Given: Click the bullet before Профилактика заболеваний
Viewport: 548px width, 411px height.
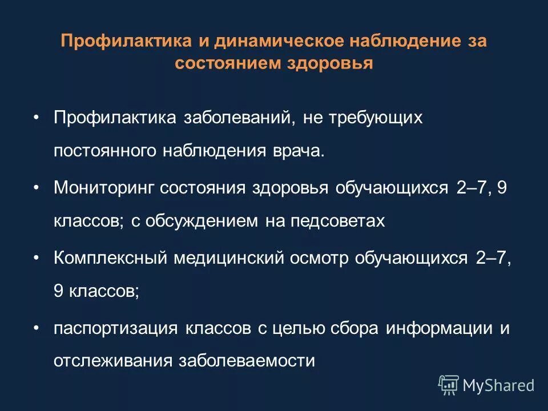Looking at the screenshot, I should click(36, 117).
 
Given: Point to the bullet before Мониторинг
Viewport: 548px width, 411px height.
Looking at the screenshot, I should click(36, 187).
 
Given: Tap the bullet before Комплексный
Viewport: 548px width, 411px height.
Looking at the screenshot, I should click(36, 258).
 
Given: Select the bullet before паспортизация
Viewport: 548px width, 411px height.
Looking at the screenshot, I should click(36, 328).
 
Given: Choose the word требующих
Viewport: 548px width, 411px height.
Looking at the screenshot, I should click(374, 118).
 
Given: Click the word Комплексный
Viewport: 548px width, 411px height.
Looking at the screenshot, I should click(111, 259).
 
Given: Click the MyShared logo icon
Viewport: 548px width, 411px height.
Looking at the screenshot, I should click(448, 385).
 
